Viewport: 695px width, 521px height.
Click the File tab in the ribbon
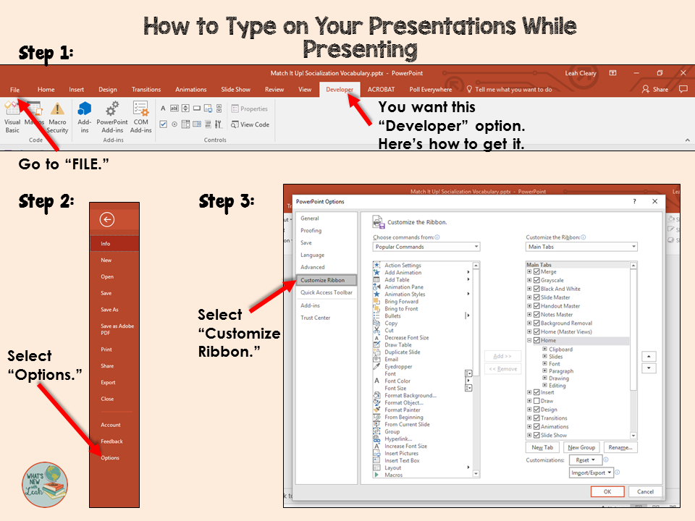pyautogui.click(x=15, y=90)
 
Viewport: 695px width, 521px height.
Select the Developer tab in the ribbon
pyautogui.click(x=340, y=90)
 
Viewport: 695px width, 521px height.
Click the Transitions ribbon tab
pyautogui.click(x=146, y=90)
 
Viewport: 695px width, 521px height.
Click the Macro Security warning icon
pyautogui.click(x=57, y=109)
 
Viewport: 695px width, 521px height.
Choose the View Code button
pyautogui.click(x=250, y=124)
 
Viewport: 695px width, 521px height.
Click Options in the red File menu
pyautogui.click(x=110, y=458)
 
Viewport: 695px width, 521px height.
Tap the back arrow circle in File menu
pyautogui.click(x=108, y=220)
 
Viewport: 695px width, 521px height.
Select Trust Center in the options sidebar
pyautogui.click(x=316, y=318)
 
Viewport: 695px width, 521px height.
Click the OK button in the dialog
pyautogui.click(x=607, y=492)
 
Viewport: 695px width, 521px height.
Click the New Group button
pyautogui.click(x=582, y=448)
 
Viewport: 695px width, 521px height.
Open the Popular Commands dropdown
pyautogui.click(x=426, y=247)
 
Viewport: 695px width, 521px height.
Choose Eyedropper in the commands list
pyautogui.click(x=398, y=367)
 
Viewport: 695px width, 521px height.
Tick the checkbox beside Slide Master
pyautogui.click(x=536, y=297)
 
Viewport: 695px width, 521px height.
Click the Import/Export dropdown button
pyautogui.click(x=591, y=473)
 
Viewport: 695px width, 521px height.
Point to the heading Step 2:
pyautogui.click(x=46, y=202)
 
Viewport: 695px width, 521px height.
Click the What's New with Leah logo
pyautogui.click(x=44, y=484)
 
